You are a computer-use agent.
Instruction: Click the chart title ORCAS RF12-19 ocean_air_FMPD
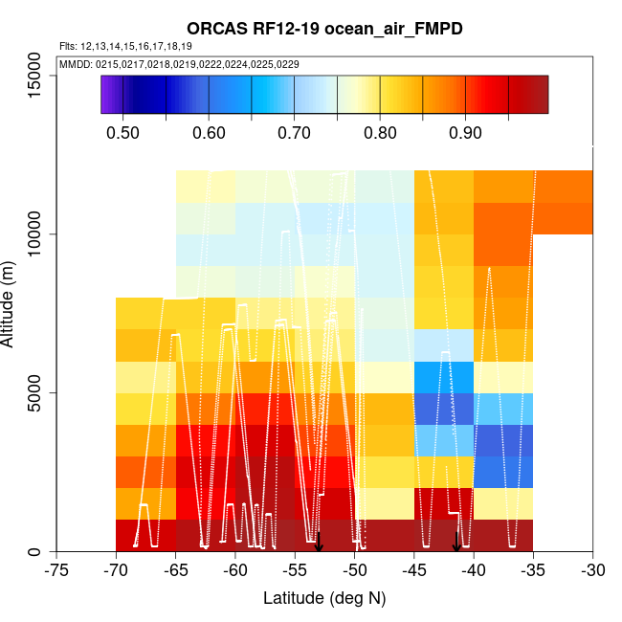pyautogui.click(x=324, y=29)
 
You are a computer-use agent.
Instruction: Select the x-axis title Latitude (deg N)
pyautogui.click(x=324, y=598)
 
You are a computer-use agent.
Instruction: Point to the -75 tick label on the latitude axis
pyautogui.click(x=56, y=571)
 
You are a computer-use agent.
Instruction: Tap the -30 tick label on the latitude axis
pyautogui.click(x=592, y=571)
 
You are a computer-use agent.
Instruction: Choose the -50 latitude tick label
pyautogui.click(x=354, y=571)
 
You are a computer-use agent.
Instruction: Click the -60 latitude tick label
pyautogui.click(x=235, y=571)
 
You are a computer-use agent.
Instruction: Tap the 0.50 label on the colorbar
pyautogui.click(x=122, y=132)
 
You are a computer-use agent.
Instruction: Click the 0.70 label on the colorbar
pyautogui.click(x=294, y=132)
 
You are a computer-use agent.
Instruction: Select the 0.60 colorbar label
pyautogui.click(x=209, y=132)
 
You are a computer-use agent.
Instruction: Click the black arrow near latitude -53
pyautogui.click(x=319, y=543)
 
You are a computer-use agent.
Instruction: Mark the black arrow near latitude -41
pyautogui.click(x=456, y=543)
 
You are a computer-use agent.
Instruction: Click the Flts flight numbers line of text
pyautogui.click(x=125, y=46)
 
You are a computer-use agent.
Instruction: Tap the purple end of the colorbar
pyautogui.click(x=106, y=94)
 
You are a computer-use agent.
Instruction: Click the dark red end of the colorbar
pyautogui.click(x=540, y=94)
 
